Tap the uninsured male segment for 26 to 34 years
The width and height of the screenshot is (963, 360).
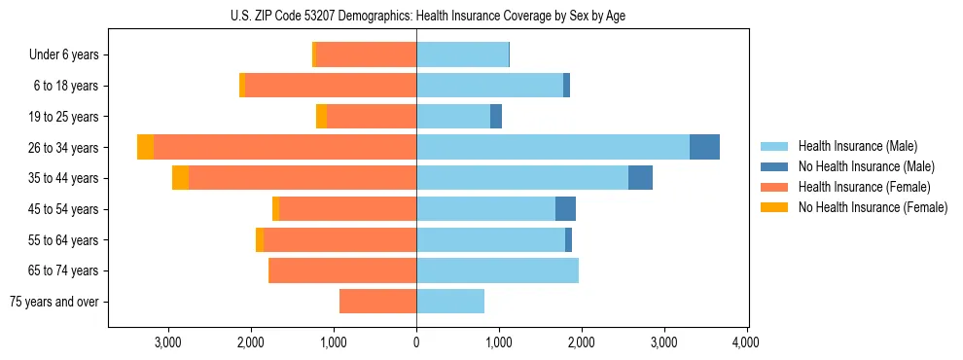point(704,147)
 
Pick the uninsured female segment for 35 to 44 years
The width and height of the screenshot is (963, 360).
point(180,178)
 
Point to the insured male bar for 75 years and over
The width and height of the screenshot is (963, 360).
point(450,302)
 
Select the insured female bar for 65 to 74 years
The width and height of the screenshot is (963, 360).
point(342,270)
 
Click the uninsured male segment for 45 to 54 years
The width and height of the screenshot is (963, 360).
point(565,209)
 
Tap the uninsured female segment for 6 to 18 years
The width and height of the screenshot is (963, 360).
point(242,86)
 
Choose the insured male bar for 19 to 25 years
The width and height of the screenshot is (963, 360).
point(453,117)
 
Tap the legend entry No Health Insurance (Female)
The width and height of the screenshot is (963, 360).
point(873,207)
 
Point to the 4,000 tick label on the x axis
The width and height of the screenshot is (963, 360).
point(746,342)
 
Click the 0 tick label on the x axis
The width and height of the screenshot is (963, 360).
point(416,342)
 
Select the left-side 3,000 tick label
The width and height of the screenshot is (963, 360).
point(168,342)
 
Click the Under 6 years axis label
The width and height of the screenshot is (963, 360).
point(64,55)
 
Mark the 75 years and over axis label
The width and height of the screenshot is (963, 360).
point(54,302)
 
